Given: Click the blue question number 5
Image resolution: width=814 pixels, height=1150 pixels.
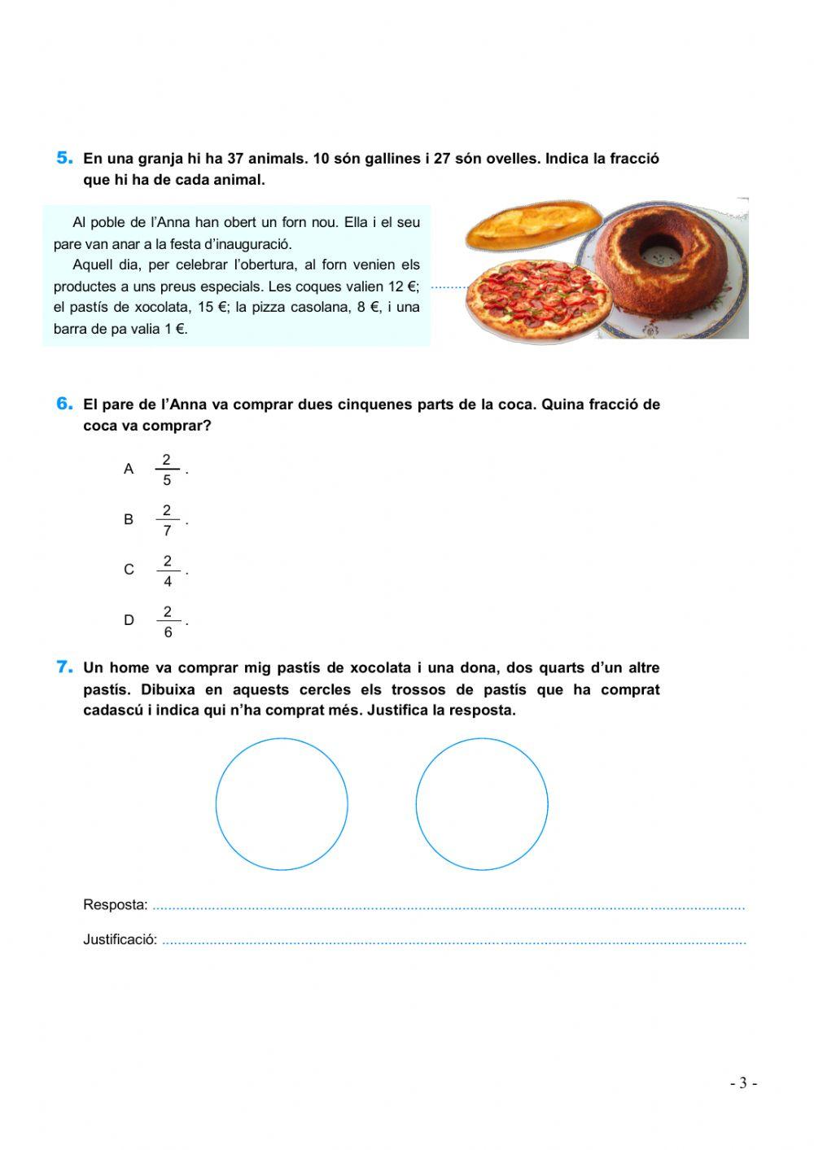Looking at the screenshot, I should pyautogui.click(x=65, y=158).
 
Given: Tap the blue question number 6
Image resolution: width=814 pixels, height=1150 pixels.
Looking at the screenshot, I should pyautogui.click(x=65, y=404).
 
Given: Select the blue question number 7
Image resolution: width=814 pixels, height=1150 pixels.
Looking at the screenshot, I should pyautogui.click(x=65, y=667).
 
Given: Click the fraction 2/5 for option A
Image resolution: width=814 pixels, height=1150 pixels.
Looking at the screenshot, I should pyautogui.click(x=167, y=470).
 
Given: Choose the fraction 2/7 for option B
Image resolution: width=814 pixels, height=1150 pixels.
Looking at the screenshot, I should pyautogui.click(x=167, y=520).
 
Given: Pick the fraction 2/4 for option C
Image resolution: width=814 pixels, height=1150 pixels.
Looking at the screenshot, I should pyautogui.click(x=168, y=571).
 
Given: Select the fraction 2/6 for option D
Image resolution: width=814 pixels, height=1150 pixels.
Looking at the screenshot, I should pyautogui.click(x=168, y=621).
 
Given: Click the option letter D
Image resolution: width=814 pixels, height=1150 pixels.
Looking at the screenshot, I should pyautogui.click(x=129, y=620).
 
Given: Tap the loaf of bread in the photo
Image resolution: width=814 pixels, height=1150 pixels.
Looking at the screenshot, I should pyautogui.click(x=533, y=223).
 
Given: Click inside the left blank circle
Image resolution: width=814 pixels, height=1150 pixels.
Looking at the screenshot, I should pyautogui.click(x=282, y=804).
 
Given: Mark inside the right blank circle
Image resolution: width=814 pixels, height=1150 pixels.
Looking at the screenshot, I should pyautogui.click(x=482, y=804).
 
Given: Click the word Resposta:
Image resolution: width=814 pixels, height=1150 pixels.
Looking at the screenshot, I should pyautogui.click(x=116, y=905).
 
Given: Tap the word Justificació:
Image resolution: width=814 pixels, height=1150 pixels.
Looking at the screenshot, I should pyautogui.click(x=120, y=939).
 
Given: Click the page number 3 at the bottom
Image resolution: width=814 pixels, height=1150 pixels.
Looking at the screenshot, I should pyautogui.click(x=742, y=1083).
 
